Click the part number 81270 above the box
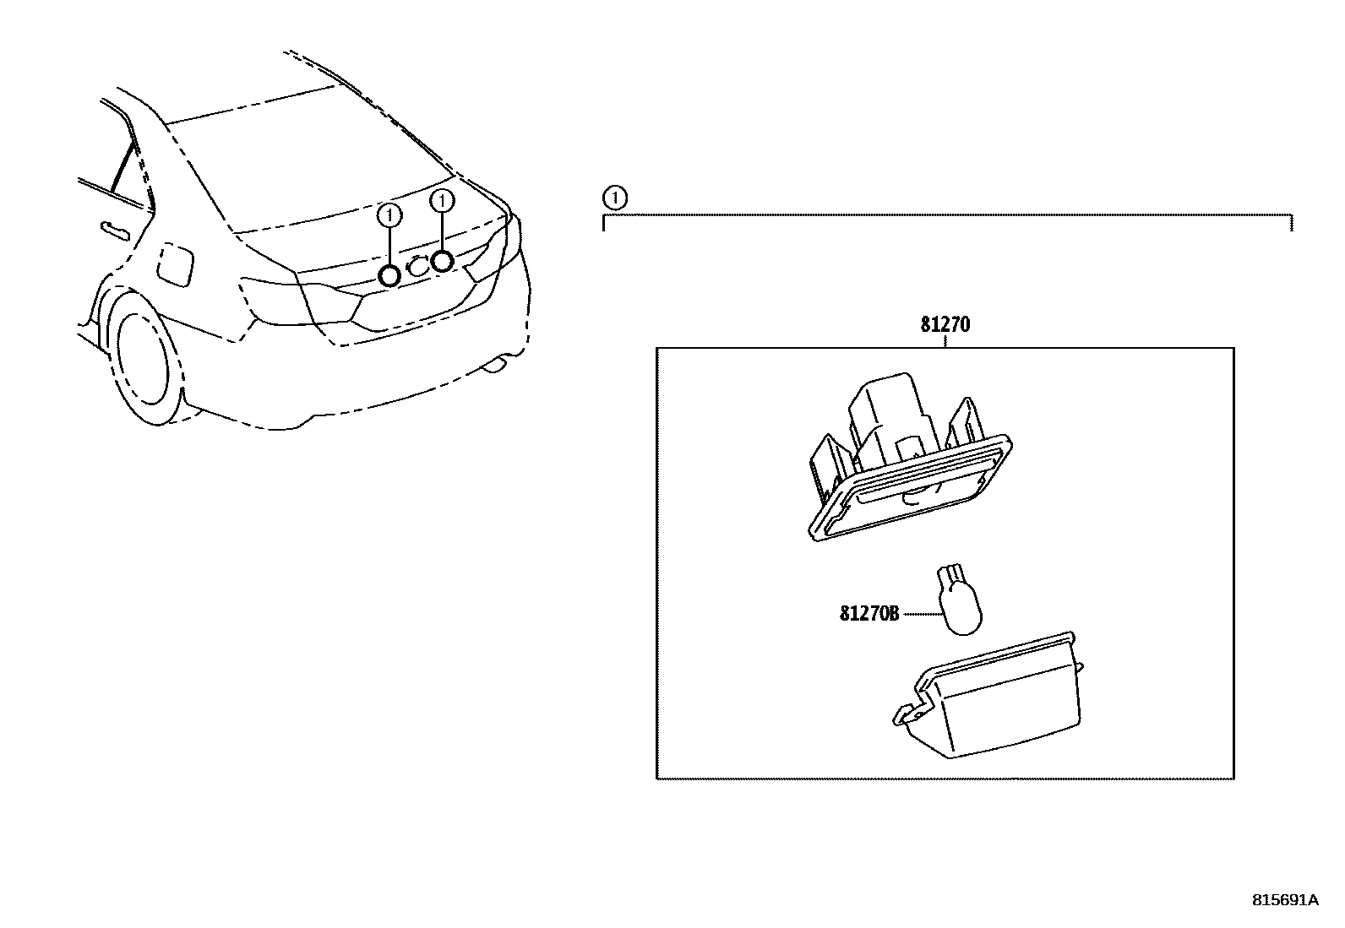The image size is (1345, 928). pos(945,325)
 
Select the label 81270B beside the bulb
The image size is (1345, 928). pos(869,614)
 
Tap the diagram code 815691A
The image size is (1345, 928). pos(1284,899)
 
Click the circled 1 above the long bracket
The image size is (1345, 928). pos(616,199)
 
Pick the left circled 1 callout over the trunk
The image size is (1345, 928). pos(389,215)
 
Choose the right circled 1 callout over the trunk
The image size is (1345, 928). pos(441,201)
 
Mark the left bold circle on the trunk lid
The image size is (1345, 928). pos(389,275)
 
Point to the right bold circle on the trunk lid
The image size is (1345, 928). pos(442,261)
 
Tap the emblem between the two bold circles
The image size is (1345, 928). pos(416,266)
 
